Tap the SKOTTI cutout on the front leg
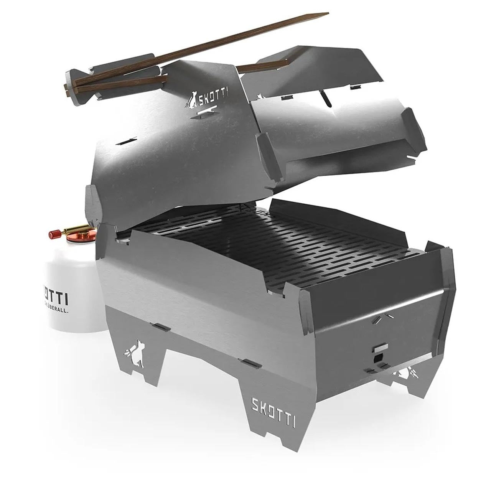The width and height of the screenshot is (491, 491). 273,406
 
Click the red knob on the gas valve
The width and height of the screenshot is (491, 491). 54,234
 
